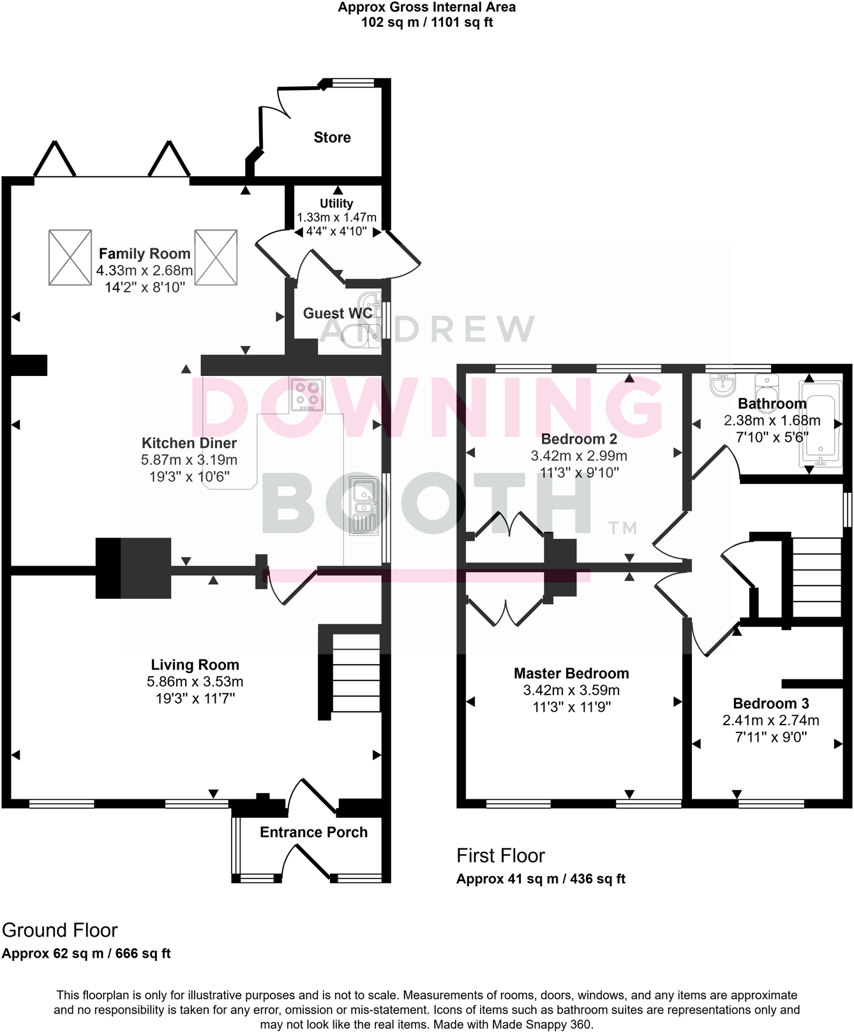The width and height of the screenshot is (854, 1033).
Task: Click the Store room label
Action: (x=332, y=137)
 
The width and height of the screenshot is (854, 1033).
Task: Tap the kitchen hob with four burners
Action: (x=306, y=395)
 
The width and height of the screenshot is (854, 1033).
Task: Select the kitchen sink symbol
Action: (x=364, y=504)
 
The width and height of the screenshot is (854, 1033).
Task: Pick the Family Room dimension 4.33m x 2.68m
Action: (x=145, y=271)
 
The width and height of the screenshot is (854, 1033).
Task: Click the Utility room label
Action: (x=336, y=203)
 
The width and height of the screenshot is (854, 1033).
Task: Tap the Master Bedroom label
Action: (x=571, y=674)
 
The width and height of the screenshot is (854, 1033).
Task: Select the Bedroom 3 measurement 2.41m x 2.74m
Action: (x=770, y=720)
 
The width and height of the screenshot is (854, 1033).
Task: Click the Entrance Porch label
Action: (x=313, y=833)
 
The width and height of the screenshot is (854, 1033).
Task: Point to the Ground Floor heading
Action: (x=60, y=930)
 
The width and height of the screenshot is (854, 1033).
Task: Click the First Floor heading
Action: (x=500, y=856)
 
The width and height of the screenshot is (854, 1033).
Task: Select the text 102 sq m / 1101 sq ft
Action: (x=426, y=22)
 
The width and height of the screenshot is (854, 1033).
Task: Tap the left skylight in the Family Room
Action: (x=70, y=257)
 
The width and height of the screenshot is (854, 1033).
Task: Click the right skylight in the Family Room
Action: (x=216, y=257)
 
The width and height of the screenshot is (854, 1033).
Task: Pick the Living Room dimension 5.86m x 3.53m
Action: (x=195, y=682)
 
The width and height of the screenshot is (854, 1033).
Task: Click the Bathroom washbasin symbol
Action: (x=723, y=384)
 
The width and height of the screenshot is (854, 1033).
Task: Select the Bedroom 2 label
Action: (x=579, y=439)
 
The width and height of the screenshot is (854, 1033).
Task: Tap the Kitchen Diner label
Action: (x=189, y=443)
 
